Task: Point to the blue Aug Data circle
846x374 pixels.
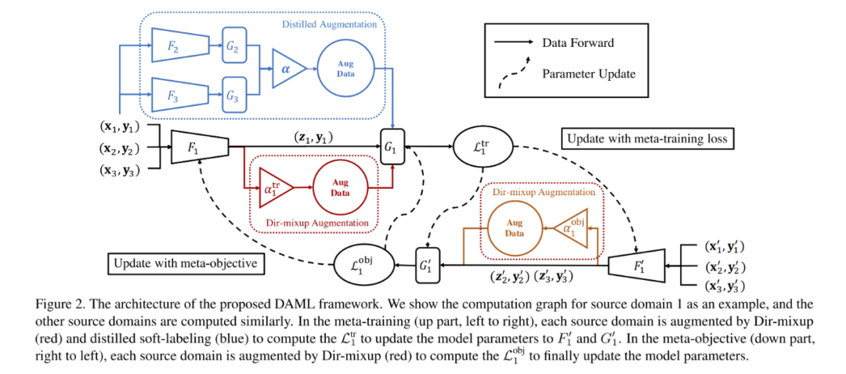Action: pyautogui.click(x=345, y=70)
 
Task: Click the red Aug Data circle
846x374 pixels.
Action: pyautogui.click(x=341, y=188)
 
